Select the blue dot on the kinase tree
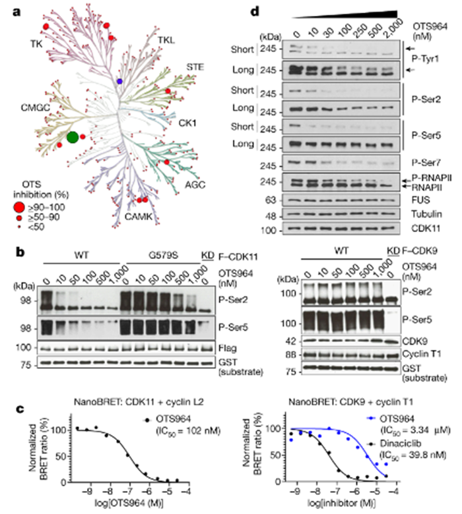coord(119,80)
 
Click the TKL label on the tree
coord(168,42)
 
